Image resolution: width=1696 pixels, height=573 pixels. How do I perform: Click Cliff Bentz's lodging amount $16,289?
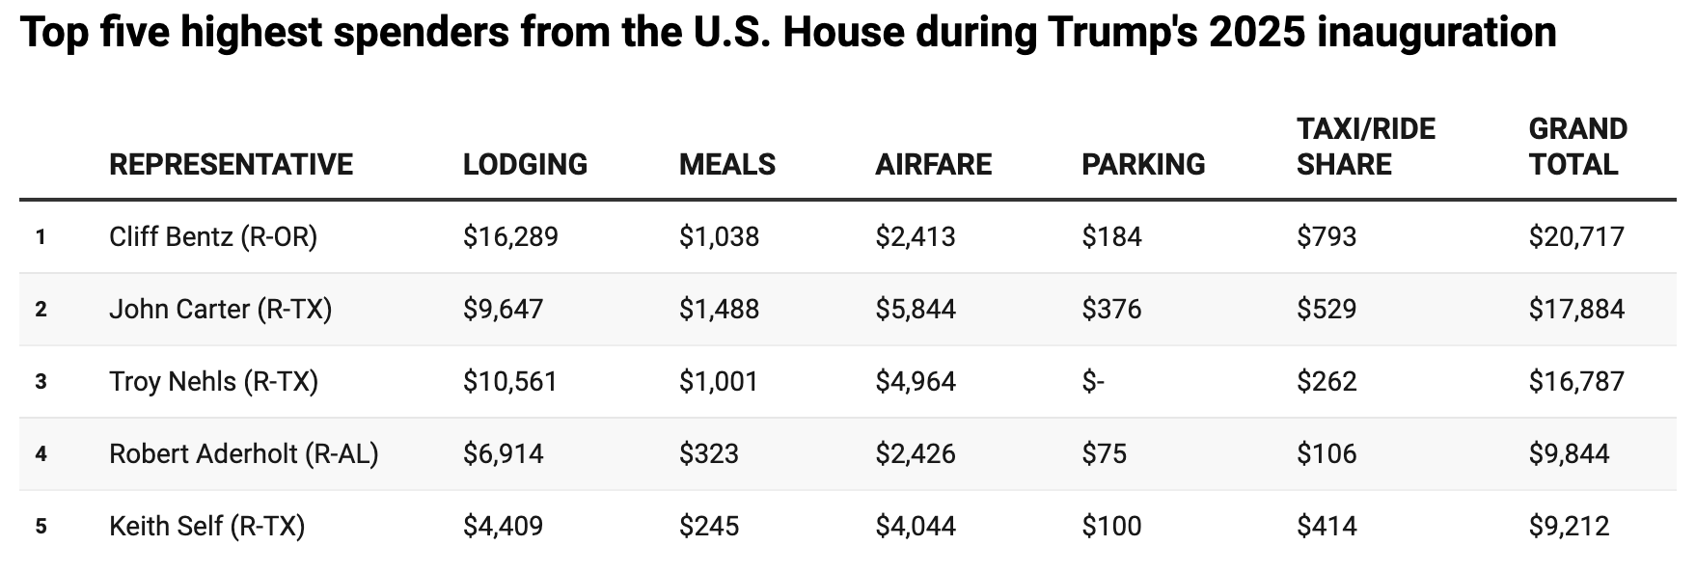click(x=510, y=236)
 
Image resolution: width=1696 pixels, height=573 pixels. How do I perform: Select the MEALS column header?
click(x=726, y=164)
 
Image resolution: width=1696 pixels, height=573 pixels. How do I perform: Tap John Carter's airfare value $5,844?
click(x=915, y=309)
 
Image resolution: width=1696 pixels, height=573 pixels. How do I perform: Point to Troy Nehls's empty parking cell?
click(x=1092, y=381)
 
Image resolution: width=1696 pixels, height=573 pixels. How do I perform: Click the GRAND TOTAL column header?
click(x=1577, y=147)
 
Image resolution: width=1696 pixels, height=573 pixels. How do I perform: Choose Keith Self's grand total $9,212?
click(x=1568, y=526)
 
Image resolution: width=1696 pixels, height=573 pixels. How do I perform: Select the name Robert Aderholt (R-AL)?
click(x=243, y=453)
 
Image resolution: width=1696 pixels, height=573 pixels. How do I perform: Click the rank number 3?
click(x=41, y=382)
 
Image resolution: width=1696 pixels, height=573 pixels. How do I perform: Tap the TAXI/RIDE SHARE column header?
click(x=1365, y=147)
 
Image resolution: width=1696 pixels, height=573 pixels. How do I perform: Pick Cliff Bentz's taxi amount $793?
click(x=1326, y=236)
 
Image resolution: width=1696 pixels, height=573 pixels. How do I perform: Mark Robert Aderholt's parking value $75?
click(x=1104, y=453)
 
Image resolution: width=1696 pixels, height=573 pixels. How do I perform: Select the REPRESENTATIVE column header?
click(x=231, y=164)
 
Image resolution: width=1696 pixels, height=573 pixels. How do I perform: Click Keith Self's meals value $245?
click(x=708, y=526)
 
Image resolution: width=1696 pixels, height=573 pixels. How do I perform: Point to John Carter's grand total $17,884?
click(x=1575, y=309)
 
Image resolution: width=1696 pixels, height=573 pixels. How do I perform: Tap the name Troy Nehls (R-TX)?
click(x=213, y=381)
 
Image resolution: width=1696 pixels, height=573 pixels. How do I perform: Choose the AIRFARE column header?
click(x=933, y=164)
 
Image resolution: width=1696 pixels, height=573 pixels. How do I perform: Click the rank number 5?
click(x=41, y=527)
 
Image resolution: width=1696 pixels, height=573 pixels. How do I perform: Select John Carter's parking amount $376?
click(x=1111, y=309)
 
